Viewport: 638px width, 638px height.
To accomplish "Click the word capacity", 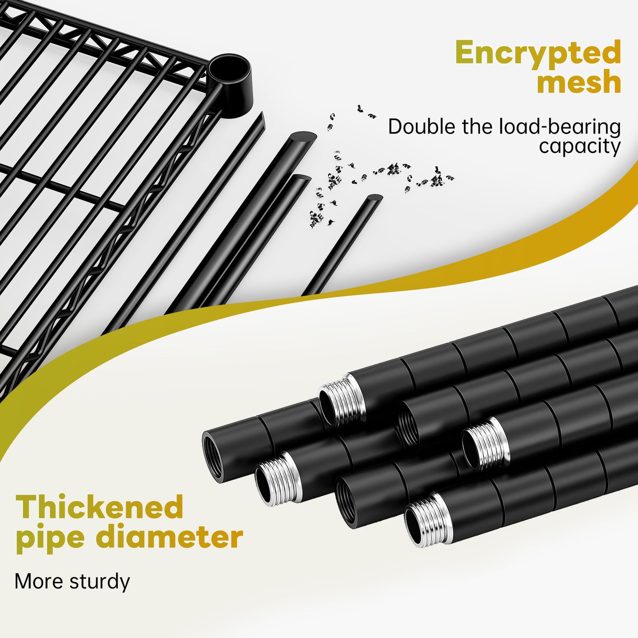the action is point(580,147).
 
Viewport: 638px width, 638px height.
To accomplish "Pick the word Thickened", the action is point(99,507).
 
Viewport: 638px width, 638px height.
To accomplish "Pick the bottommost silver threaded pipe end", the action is point(428,520).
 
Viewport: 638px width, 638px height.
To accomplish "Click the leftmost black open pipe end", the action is point(215,454).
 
